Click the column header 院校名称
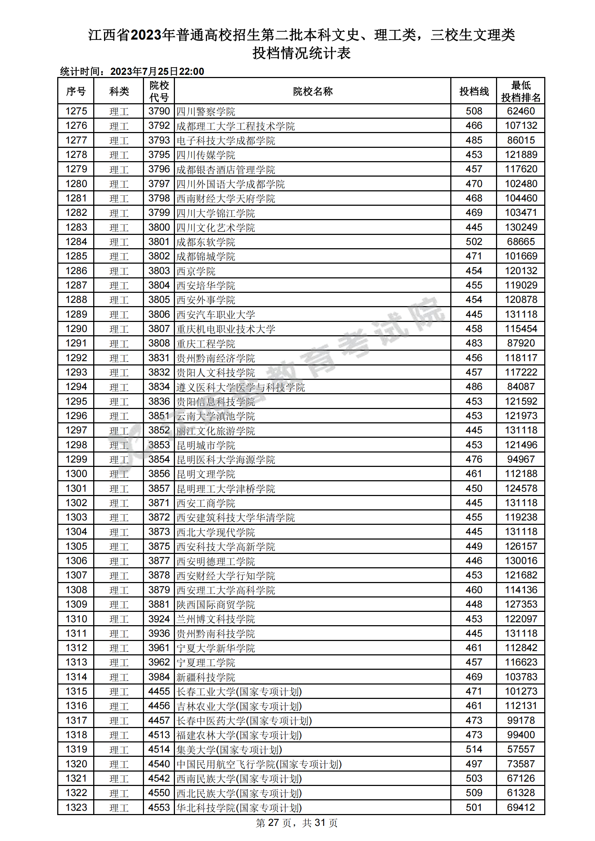312,91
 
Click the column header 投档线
474,91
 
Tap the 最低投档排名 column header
520,91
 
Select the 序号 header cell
76,91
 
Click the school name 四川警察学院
206,112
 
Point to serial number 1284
76,242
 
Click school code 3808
159,343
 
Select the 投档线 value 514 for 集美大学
474,749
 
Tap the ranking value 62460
520,112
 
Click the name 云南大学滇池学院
216,416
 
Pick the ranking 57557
520,749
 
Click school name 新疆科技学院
206,677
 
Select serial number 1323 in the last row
76,807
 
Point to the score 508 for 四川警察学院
474,112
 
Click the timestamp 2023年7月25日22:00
157,72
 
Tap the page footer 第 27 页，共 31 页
297,823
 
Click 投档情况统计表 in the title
301,53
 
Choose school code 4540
159,764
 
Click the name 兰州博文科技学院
216,619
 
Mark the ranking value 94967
520,459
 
